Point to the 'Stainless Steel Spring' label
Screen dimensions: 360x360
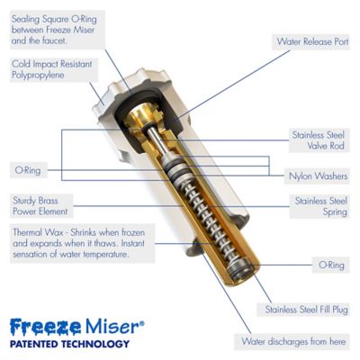[x=316, y=206]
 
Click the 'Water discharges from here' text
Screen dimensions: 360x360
[x=292, y=342]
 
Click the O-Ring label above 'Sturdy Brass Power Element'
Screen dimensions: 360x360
[x=26, y=168]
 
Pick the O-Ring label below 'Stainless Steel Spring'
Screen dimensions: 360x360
[x=329, y=265]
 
